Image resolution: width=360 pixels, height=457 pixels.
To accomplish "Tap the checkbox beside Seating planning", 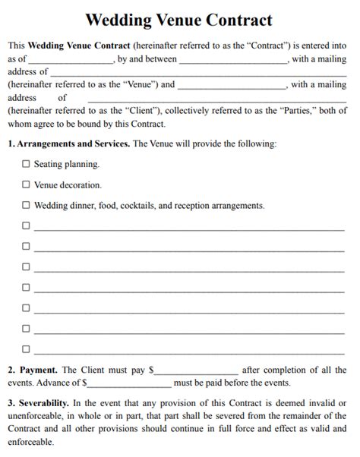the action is tap(26, 163).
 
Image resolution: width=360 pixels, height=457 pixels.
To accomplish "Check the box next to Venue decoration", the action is tap(26, 184).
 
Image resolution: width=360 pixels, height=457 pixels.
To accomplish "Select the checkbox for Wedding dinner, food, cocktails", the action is tap(26, 205).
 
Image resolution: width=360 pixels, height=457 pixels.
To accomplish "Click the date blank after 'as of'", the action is tap(71, 59).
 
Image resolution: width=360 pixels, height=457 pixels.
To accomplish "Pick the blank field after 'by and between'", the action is tap(233, 59).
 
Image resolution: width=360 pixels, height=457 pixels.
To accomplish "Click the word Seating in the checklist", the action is tap(49, 163).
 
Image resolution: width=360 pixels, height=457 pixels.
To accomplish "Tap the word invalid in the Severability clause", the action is tap(317, 402).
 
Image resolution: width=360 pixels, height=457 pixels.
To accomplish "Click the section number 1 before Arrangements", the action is tap(10, 143).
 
